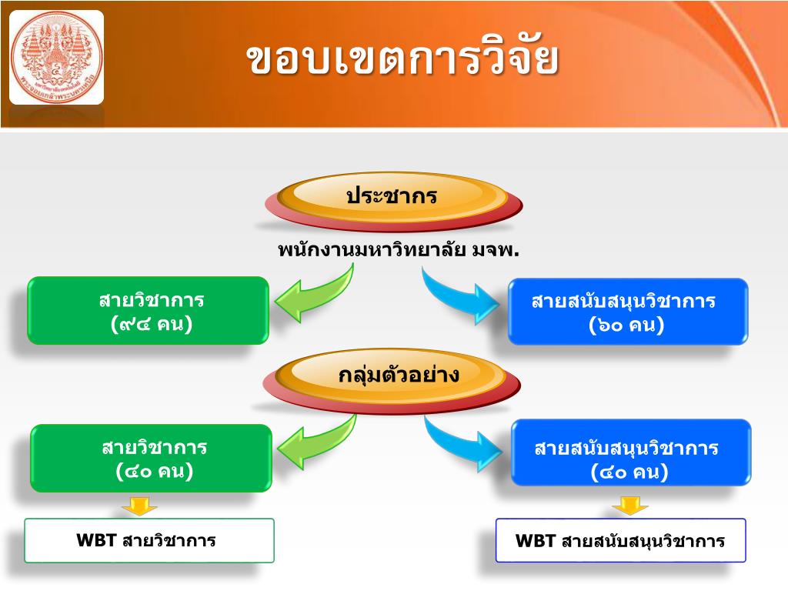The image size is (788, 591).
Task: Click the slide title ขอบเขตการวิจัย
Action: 402,60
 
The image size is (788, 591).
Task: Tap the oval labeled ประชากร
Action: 392,198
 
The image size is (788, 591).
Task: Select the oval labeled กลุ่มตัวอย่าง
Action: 392,378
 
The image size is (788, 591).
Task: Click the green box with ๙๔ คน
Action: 149,311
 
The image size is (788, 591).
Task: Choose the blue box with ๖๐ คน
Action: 627,312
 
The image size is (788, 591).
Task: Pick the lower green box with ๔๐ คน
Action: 152,458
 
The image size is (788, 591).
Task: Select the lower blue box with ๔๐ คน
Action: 630,459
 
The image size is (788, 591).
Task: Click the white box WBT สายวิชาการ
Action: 149,540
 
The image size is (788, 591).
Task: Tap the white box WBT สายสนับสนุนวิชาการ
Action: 620,540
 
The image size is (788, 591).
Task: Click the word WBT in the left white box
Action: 96,540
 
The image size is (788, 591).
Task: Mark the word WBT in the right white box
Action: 536,540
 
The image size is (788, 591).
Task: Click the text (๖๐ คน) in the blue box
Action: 626,325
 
